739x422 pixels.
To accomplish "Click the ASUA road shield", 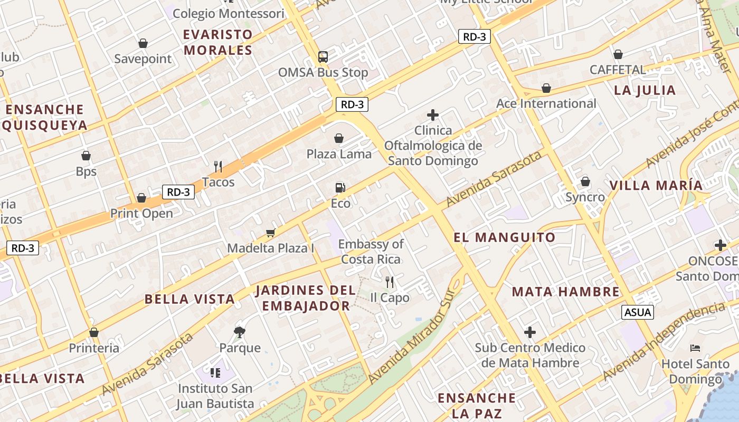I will (x=638, y=312).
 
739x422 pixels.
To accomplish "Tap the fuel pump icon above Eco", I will (x=340, y=187).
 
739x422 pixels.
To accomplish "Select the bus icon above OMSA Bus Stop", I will (x=323, y=56).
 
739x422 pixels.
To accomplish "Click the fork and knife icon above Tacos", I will (x=218, y=167).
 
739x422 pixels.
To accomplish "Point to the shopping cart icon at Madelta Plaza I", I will (x=271, y=233).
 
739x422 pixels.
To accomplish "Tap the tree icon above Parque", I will (x=240, y=332).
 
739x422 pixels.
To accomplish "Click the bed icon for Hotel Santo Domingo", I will (x=695, y=348).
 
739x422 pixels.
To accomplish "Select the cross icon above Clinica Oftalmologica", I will (x=433, y=114).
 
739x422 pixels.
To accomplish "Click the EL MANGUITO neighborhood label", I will (x=505, y=237).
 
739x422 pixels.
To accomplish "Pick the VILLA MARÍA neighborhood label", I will (x=656, y=185).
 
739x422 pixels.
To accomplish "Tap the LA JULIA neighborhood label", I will (x=645, y=90).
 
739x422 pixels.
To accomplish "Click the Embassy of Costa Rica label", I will (x=371, y=252).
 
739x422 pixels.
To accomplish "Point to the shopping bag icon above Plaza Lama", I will (x=339, y=138).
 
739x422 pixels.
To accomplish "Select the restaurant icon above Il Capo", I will (x=390, y=282).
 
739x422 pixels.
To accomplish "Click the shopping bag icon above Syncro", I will (x=585, y=181).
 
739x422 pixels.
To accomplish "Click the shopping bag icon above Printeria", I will (x=94, y=332).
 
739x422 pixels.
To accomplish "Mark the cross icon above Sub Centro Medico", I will (x=530, y=332).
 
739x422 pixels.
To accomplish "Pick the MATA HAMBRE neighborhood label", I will (x=565, y=292).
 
